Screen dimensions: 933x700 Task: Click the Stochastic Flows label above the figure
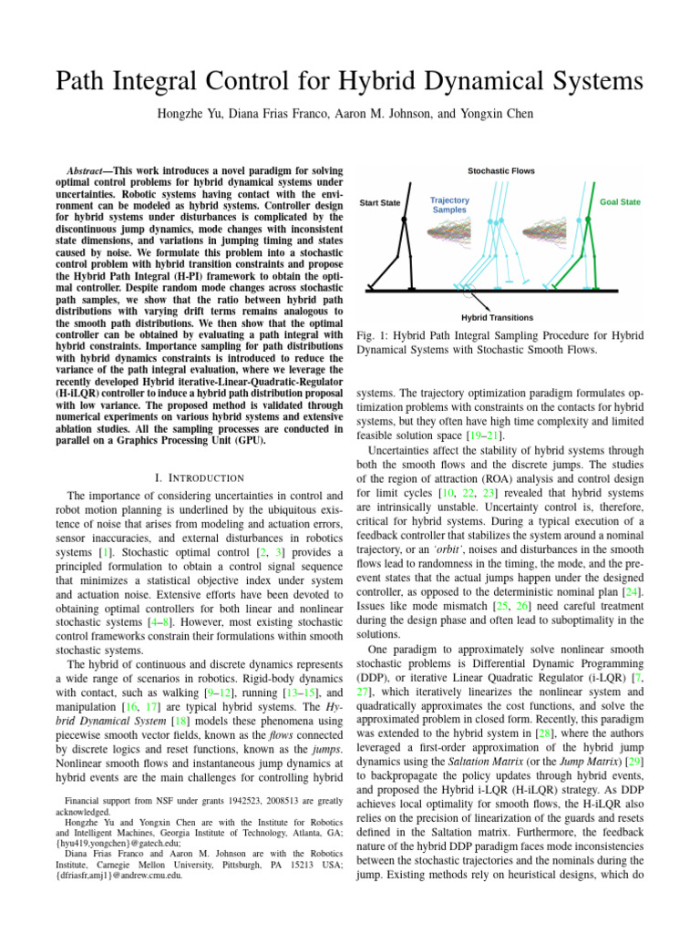[x=501, y=170]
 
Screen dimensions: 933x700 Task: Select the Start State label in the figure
[x=380, y=202]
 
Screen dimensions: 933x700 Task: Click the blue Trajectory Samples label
[x=449, y=204]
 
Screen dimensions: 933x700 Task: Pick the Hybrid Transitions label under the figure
[x=498, y=317]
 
